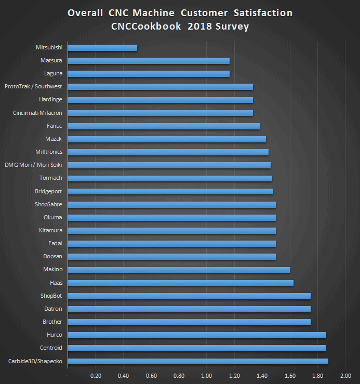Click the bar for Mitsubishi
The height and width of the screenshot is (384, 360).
[102, 48]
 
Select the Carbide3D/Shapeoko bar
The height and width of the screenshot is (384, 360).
[198, 361]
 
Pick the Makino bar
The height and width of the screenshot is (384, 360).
[179, 270]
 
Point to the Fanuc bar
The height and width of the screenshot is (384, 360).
[164, 126]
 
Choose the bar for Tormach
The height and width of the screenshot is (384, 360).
[170, 178]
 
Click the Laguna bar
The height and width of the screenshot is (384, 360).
[149, 74]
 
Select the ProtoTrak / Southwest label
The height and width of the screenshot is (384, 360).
[33, 86]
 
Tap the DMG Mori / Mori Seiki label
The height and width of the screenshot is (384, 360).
[34, 165]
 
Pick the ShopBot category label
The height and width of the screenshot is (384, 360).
[51, 296]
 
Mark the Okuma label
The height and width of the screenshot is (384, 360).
[54, 217]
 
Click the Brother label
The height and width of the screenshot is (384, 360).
[53, 322]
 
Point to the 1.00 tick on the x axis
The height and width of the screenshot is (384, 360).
[207, 375]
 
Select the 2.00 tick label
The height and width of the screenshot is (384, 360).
[345, 375]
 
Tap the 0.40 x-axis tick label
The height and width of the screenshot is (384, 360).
[123, 375]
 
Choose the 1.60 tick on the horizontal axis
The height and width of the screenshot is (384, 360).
[290, 375]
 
